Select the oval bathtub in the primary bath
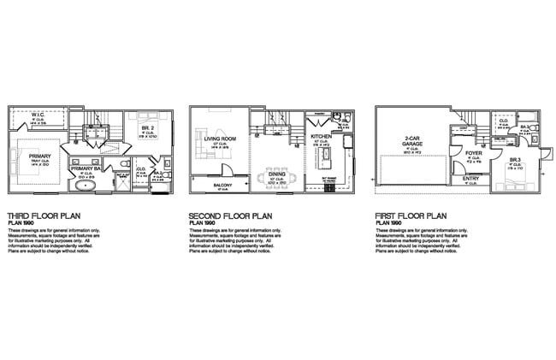pos(86,185)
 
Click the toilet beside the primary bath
pos(125,162)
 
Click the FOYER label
pos(473,155)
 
